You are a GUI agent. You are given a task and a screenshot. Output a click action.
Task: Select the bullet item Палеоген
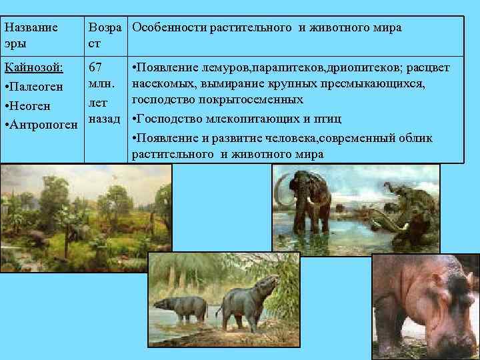pyautogui.click(x=33, y=88)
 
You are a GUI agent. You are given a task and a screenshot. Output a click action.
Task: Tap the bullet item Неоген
pyautogui.click(x=29, y=107)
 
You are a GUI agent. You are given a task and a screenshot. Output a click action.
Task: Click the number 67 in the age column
pyautogui.click(x=95, y=68)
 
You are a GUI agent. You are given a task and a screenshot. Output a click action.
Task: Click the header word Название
pyautogui.click(x=31, y=28)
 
